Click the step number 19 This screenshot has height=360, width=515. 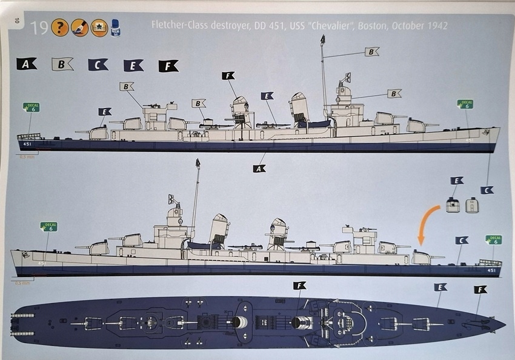coord(40,28)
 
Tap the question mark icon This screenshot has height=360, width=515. coord(59,28)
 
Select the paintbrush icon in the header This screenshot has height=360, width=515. coord(79,28)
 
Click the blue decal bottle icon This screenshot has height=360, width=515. coord(115,28)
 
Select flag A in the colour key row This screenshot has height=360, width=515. coord(27,64)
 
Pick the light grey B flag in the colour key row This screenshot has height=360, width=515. coord(62,64)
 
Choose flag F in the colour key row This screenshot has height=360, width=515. coord(168,65)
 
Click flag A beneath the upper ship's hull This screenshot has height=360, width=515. coord(259,168)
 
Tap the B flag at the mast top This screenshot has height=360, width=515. coord(371,52)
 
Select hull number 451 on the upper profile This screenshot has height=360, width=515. coord(27,144)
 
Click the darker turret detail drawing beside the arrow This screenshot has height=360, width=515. coord(451,206)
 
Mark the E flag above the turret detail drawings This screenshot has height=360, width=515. coord(457,181)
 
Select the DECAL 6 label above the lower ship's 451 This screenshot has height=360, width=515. coord(494,240)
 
